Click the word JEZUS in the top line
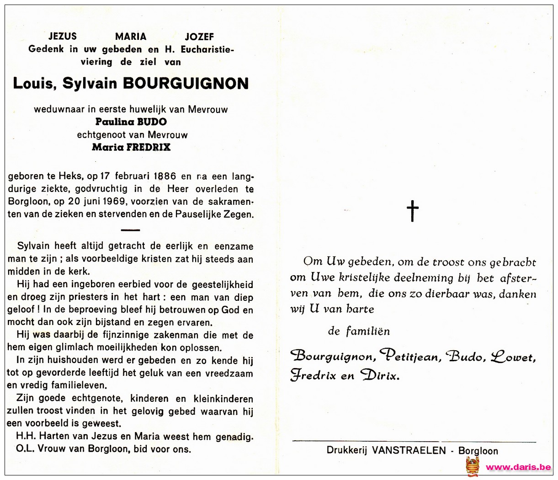coord(63,37)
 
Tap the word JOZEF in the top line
coord(199,37)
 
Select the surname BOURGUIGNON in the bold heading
coord(186,83)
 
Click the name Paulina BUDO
coord(131,122)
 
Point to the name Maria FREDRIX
coord(131,147)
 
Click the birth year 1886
coord(165,176)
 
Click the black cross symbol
coord(413,211)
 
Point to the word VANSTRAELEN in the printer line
coord(409,451)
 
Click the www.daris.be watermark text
coord(518,467)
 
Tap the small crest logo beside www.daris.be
coord(473,467)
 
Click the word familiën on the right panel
coord(368,331)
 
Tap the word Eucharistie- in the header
coord(207,49)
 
